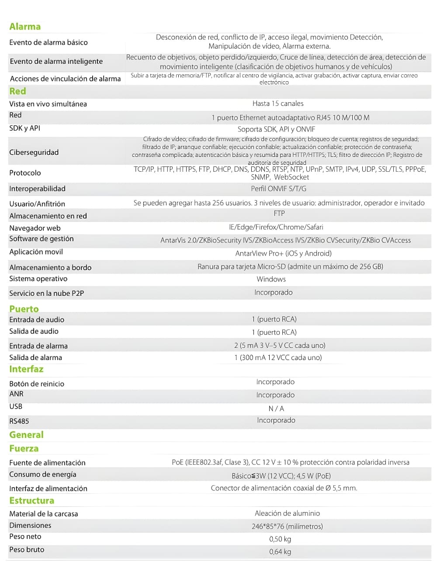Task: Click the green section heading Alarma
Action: [25, 27]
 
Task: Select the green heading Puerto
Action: [24, 309]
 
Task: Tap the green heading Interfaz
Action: [26, 369]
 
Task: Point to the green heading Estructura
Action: [31, 501]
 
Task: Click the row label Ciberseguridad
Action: [34, 152]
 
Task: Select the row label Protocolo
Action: [25, 173]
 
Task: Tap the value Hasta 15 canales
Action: [278, 104]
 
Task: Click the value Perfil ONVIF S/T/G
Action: [278, 189]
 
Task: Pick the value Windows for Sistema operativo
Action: [271, 279]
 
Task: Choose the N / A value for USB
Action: [276, 409]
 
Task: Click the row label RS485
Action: [19, 421]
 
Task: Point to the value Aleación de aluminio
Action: [287, 513]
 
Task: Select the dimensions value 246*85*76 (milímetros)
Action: [287, 527]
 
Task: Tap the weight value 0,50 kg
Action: [280, 539]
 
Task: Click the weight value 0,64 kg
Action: [280, 552]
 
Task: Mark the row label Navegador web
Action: [35, 228]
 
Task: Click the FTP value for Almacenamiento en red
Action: [279, 214]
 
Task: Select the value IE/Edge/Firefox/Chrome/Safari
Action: [276, 227]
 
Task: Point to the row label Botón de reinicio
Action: [37, 384]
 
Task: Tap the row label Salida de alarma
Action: [35, 358]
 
